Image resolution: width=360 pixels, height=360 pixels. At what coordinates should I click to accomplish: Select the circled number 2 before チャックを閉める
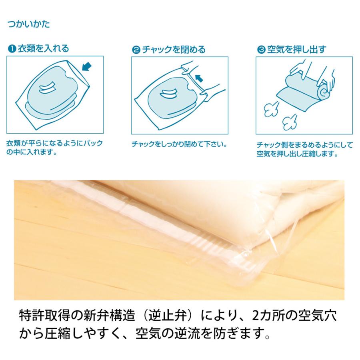pos(136,50)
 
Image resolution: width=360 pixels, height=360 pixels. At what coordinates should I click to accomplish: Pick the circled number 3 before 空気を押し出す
pos(261,50)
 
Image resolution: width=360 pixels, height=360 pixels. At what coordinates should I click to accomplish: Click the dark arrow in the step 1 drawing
pos(86,66)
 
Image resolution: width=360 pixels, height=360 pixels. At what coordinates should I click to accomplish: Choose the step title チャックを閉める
pos(173,50)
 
